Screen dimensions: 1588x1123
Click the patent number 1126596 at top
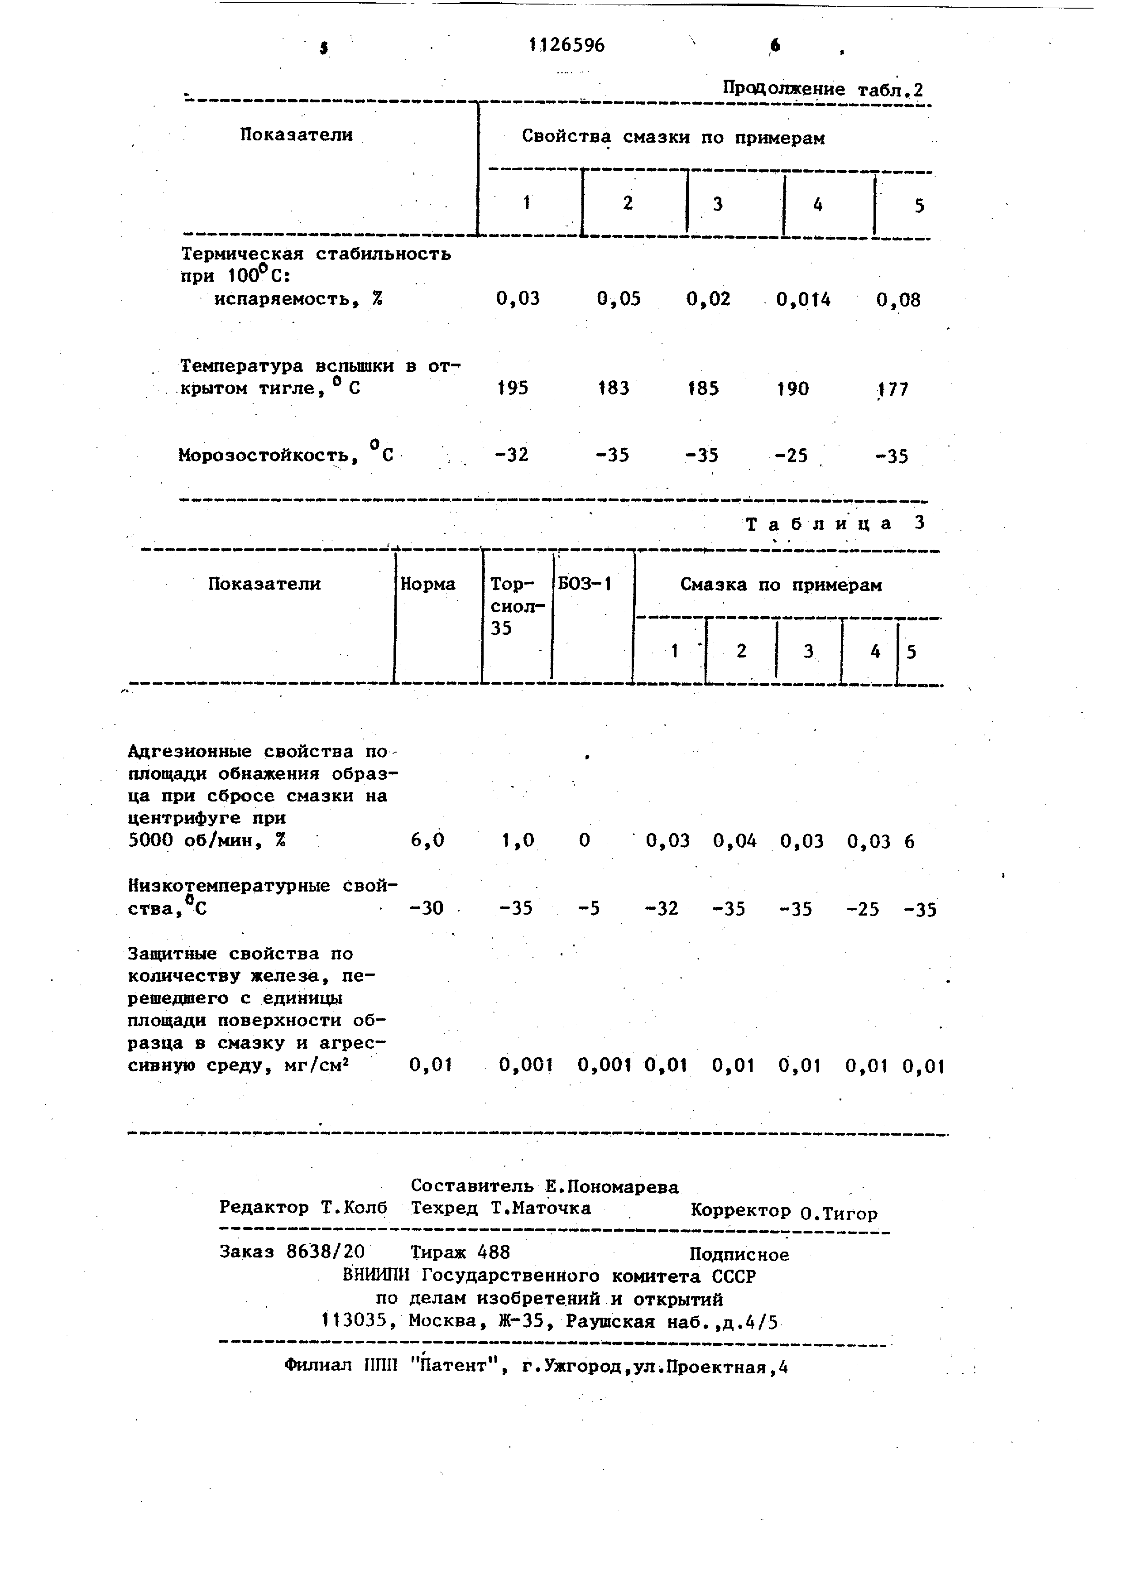567,46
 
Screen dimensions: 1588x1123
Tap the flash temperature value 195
513,388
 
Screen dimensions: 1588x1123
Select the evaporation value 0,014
803,299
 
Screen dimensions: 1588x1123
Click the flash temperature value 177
892,389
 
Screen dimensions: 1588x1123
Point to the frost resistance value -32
513,455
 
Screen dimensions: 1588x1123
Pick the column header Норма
428,585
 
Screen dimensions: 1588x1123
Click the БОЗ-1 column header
585,585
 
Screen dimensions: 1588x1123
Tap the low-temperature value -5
589,908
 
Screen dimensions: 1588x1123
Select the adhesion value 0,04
735,841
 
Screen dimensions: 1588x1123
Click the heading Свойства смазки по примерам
673,138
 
